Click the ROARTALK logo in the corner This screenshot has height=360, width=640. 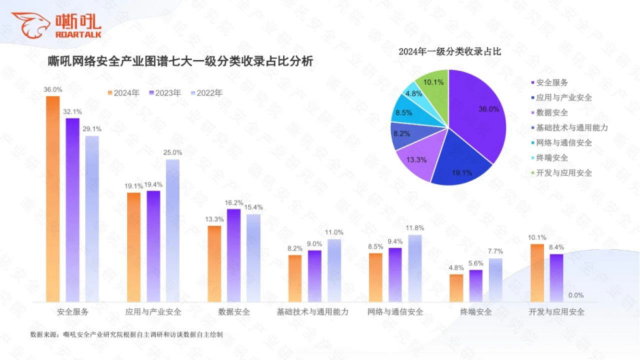[56, 25]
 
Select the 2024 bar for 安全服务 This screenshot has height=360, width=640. [52, 200]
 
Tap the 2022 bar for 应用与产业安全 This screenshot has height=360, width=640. [172, 230]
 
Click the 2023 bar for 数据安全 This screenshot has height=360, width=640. [233, 255]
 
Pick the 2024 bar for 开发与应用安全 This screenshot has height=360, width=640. [537, 272]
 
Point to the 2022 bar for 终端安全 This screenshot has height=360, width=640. [495, 280]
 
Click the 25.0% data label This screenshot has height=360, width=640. [172, 152]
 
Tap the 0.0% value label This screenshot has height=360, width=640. [576, 295]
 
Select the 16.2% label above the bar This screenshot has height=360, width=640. [234, 202]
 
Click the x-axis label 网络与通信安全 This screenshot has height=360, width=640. [395, 312]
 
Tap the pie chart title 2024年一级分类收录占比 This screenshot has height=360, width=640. [449, 52]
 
